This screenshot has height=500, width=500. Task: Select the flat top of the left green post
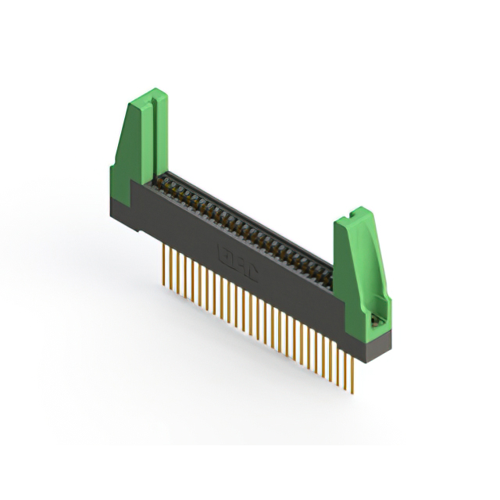[x=149, y=95]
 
